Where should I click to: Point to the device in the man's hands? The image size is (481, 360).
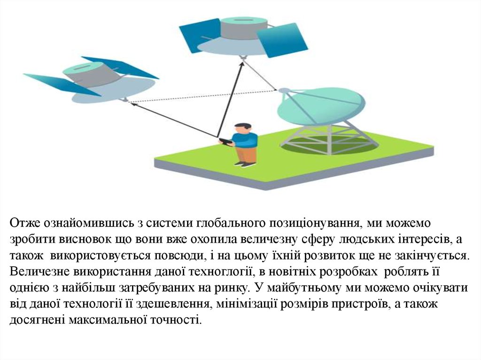(x=225, y=141)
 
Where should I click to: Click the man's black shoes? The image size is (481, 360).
(x=245, y=164)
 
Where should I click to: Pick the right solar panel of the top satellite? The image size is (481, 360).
(x=282, y=40)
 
